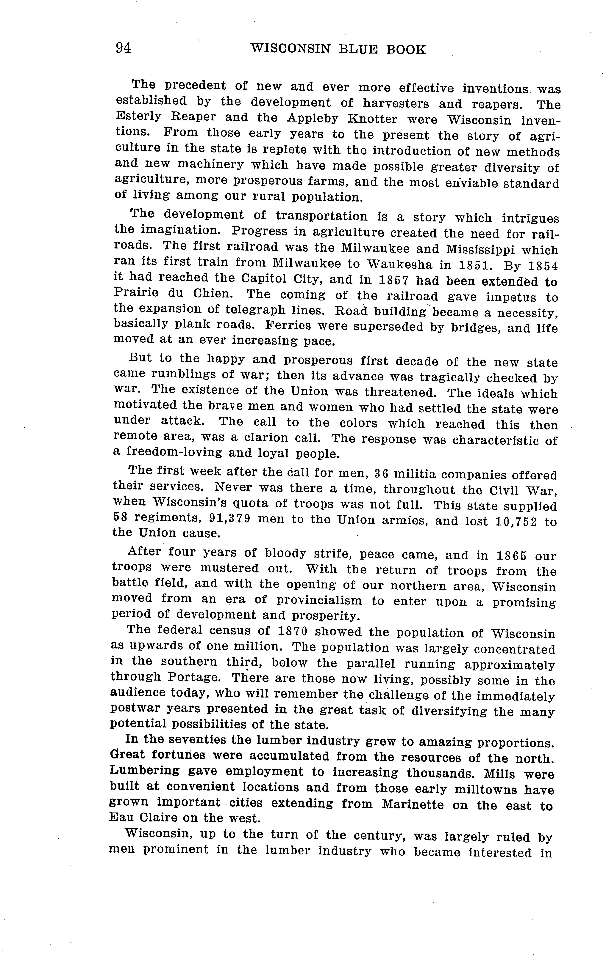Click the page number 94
coord(123,48)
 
